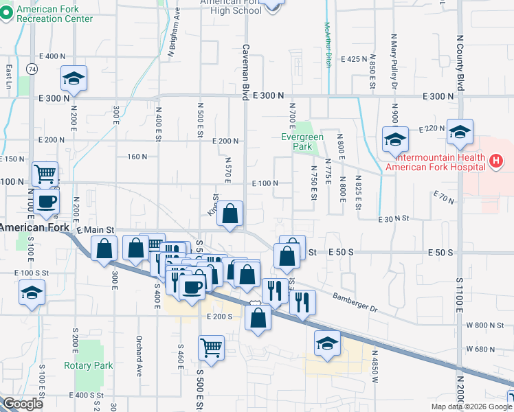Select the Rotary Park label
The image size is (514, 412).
[89, 365]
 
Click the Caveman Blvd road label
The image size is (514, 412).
[245, 72]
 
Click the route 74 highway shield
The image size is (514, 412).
[32, 69]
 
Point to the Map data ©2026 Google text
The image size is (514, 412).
[471, 407]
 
